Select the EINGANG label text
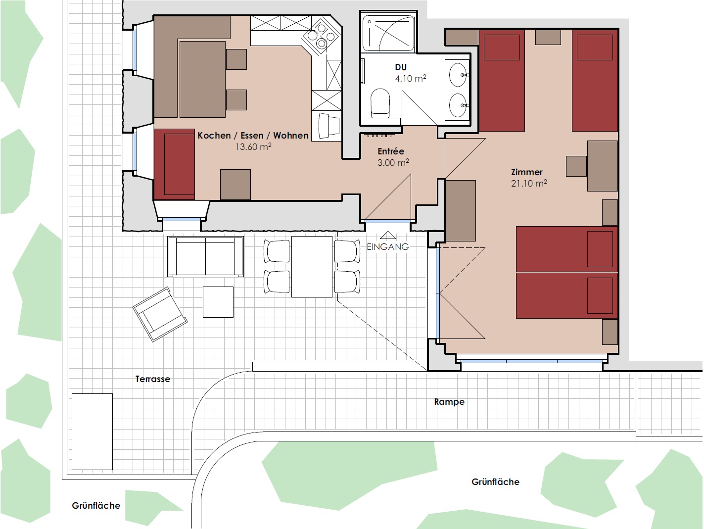(388, 247)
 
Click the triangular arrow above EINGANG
(388, 235)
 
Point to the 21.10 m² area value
(529, 183)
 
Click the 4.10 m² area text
(411, 78)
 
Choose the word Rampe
(449, 402)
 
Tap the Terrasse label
(153, 379)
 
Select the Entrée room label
(391, 151)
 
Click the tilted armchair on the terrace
(160, 314)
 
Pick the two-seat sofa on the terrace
(205, 256)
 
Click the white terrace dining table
(312, 267)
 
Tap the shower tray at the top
(388, 33)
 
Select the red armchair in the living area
(175, 164)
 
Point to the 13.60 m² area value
(253, 147)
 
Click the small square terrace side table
(218, 302)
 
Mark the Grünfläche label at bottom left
(96, 506)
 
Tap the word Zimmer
(526, 172)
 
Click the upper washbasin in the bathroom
(458, 75)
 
